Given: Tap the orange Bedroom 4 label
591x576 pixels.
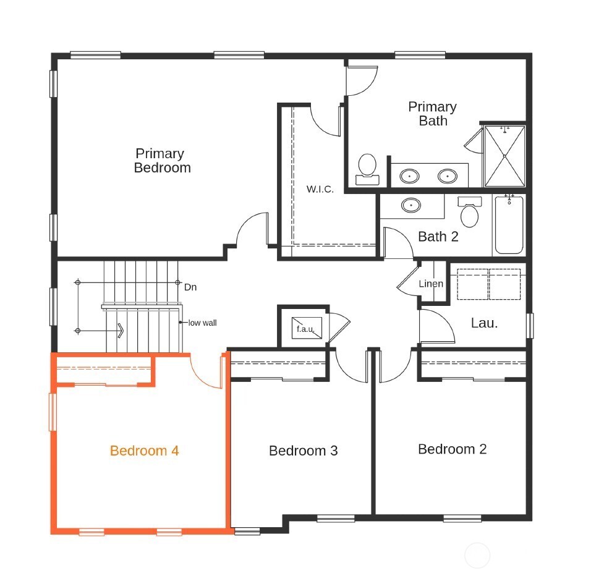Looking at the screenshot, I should coord(145,451).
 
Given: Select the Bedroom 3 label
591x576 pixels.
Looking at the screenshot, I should coord(303,451).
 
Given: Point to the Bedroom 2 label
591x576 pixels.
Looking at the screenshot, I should coord(452,449).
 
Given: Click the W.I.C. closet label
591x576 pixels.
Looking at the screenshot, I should coord(320,189).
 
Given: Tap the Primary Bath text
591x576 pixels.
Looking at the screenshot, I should coord(432,114).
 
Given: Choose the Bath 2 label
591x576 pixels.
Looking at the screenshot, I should coord(438,236).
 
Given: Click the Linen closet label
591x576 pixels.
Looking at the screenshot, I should coord(431,284).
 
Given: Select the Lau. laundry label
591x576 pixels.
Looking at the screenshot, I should coord(484,323).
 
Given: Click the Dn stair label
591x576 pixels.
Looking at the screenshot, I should coord(190,287).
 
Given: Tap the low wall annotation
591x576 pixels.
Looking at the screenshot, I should coord(203,323).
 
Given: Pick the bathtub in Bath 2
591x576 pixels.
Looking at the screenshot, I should coord(509,224).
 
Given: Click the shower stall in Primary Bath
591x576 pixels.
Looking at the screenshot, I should coord(504,156).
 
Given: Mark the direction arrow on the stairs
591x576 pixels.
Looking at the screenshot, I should coord(119,331).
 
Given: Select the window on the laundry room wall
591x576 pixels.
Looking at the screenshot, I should coord(530,325).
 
